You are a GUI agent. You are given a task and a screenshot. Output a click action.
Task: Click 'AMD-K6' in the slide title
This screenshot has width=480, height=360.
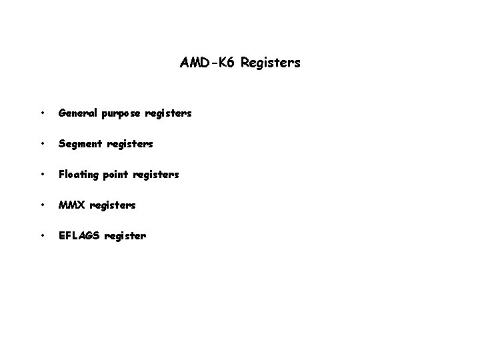(x=208, y=63)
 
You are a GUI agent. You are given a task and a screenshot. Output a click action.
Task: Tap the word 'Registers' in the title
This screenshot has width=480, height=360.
(x=271, y=63)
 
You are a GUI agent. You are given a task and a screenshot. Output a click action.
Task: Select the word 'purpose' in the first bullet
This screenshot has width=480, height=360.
(x=121, y=114)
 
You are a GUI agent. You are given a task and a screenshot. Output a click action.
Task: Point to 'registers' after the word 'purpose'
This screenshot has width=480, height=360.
(x=170, y=114)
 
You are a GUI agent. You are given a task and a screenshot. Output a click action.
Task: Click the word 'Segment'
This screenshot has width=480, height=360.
(x=79, y=144)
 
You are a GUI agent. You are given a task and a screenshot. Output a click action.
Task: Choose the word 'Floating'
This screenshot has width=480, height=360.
(x=79, y=175)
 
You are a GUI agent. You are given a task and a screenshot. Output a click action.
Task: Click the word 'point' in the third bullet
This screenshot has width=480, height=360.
(x=117, y=175)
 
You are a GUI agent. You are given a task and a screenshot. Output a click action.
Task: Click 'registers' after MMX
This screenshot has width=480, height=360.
(x=112, y=205)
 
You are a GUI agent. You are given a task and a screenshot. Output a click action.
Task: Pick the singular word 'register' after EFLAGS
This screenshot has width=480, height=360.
(x=124, y=236)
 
